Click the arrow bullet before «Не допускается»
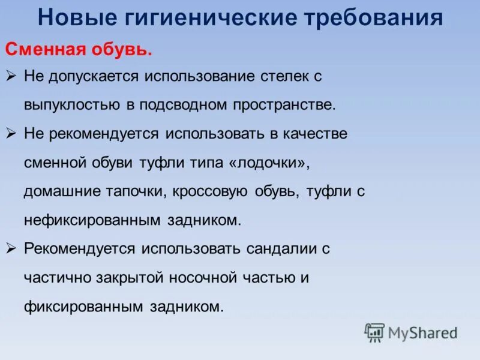tap(12, 76)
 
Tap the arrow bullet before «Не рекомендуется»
tap(12, 134)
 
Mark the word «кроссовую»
tap(211, 191)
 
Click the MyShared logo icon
tap(374, 332)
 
